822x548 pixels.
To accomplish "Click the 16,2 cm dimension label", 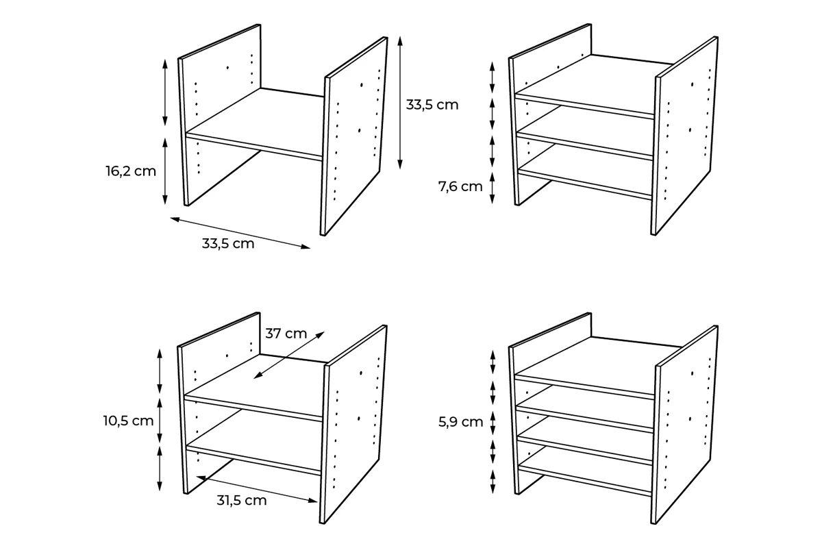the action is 131,171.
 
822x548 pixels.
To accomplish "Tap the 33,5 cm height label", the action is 432,105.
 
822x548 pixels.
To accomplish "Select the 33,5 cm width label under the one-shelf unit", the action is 228,243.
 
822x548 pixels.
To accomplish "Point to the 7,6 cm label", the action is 460,187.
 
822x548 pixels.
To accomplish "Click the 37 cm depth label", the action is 286,334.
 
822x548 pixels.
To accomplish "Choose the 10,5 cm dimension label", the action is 129,421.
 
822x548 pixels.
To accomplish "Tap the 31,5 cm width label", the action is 241,500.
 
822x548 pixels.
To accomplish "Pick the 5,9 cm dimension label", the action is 460,422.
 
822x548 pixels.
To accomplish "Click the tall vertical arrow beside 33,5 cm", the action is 400,103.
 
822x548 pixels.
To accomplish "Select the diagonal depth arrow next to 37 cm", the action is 289,355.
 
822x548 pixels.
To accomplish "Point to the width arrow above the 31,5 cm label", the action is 257,489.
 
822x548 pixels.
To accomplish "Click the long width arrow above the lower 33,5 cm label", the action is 240,233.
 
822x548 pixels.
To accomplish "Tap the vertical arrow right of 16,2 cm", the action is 165,171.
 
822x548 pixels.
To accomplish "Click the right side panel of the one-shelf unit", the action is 354,136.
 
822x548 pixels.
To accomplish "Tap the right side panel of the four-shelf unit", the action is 685,424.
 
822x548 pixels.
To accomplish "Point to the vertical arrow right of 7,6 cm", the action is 493,188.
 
